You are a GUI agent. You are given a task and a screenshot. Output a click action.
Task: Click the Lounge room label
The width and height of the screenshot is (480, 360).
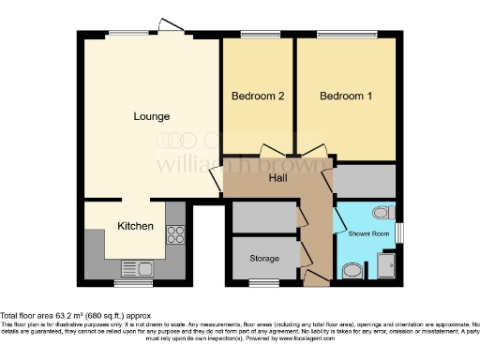click(x=151, y=117)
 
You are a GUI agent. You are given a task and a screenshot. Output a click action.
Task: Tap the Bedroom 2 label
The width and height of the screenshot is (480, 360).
click(x=258, y=97)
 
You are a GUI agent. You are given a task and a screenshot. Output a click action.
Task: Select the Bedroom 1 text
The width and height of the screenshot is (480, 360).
click(x=346, y=97)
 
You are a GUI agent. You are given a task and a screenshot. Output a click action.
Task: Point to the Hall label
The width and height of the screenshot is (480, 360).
click(x=278, y=178)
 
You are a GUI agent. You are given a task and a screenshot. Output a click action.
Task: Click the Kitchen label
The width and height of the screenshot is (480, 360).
click(x=134, y=227)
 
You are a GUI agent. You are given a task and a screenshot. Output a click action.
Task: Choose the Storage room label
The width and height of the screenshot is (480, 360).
click(x=264, y=258)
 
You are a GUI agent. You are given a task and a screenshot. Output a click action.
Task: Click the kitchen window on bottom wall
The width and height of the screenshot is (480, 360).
click(x=127, y=282)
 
